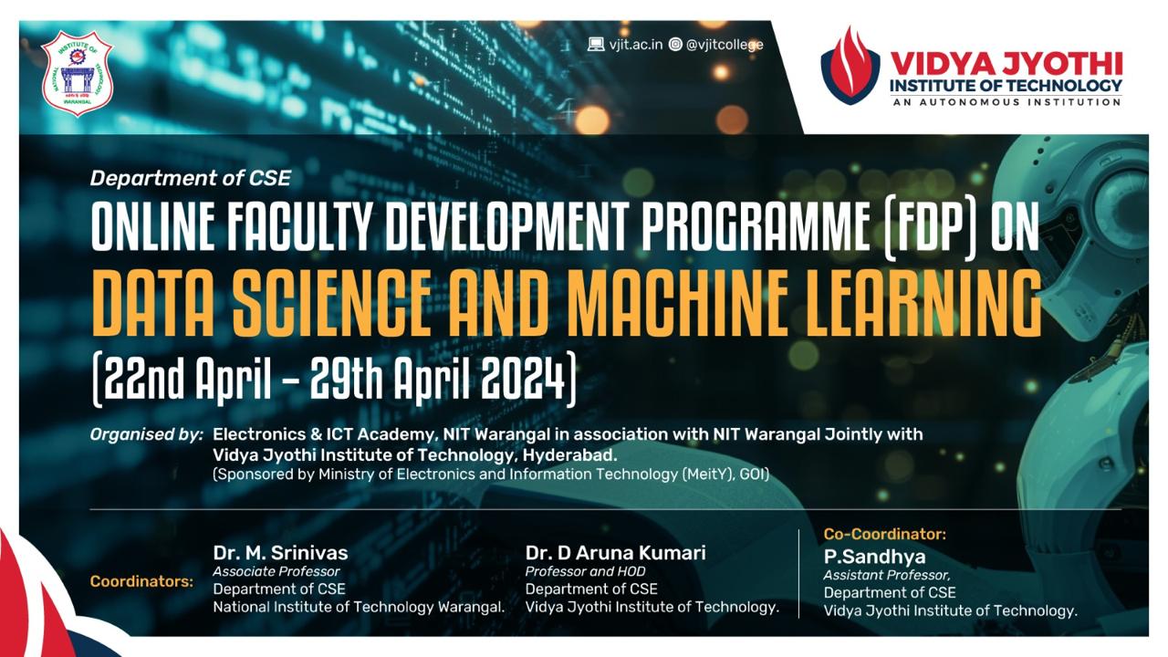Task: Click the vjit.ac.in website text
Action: coord(636,45)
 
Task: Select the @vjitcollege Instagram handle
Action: coord(725,45)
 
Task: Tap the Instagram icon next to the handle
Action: coord(675,45)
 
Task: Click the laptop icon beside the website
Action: coord(596,45)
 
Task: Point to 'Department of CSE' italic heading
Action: coord(191,178)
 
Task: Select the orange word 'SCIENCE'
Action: coord(332,303)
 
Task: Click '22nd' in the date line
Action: coord(144,380)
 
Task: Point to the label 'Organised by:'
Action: coord(147,435)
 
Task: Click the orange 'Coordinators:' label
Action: coord(141,581)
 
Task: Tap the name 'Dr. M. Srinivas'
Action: coord(280,553)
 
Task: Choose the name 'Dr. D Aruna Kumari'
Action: coord(615,553)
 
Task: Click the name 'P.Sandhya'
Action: coord(874,557)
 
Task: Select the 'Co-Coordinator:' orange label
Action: coord(885,534)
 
